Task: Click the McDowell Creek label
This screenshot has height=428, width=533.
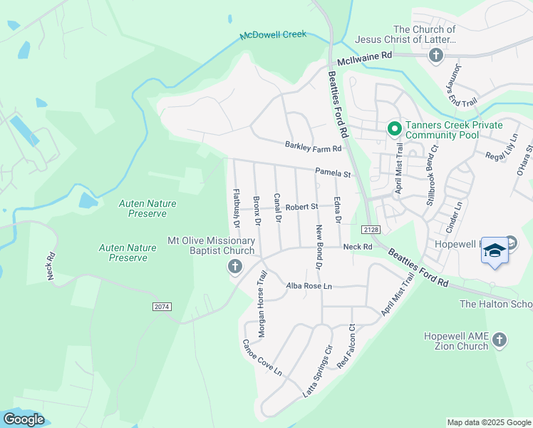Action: click(273, 34)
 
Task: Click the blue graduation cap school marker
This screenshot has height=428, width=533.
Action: click(495, 250)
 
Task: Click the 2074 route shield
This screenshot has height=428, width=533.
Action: click(162, 306)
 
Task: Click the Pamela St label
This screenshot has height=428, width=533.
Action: click(334, 173)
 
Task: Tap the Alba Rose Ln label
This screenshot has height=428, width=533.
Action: click(309, 286)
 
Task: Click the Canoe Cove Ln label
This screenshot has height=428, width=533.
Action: click(262, 358)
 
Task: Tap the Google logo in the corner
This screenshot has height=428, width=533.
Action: click(24, 419)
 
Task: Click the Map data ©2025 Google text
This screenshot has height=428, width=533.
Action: click(488, 422)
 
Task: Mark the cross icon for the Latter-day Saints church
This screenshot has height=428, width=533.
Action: click(435, 55)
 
